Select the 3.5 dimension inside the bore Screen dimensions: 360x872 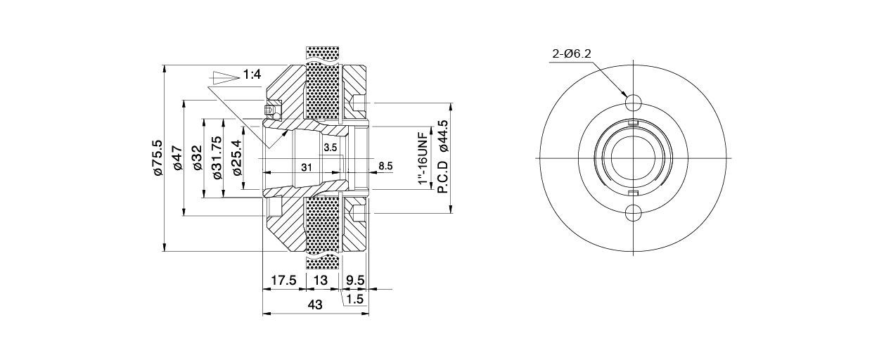click(331, 147)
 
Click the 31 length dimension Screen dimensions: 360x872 click(307, 167)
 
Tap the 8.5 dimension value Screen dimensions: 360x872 click(385, 167)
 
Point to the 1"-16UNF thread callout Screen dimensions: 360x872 click(423, 159)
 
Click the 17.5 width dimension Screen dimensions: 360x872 click(283, 281)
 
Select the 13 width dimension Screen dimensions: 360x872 click(320, 281)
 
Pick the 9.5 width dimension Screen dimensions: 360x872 click(356, 281)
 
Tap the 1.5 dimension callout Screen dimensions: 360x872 click(354, 300)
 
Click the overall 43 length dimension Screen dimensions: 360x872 click(315, 305)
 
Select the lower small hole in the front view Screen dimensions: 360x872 click(634, 213)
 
